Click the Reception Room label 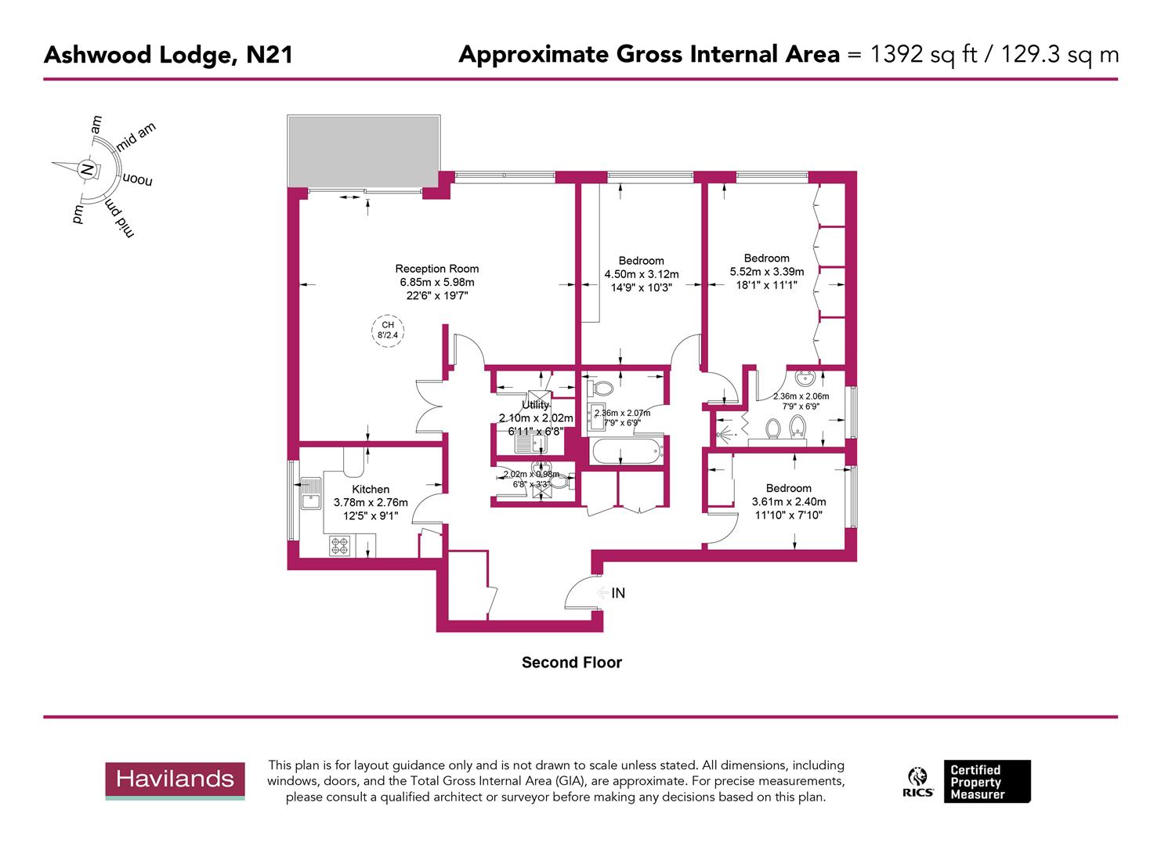point(436,269)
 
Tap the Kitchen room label point(371,489)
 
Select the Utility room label point(536,405)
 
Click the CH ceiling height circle point(388,330)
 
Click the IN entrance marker point(617,593)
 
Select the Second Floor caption point(571,663)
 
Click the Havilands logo point(175,779)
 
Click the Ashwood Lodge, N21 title point(168,55)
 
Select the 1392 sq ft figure point(923,55)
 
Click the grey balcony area point(363,150)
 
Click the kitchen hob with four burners point(339,545)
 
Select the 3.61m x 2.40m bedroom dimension point(788,502)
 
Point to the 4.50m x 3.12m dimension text point(641,274)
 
